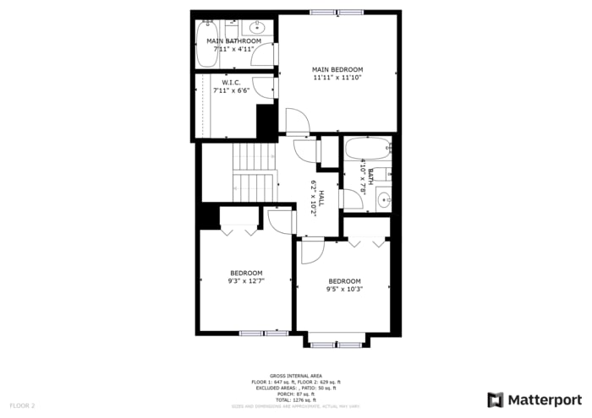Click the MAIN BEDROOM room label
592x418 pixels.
pos(337,69)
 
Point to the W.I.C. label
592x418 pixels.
pos(232,82)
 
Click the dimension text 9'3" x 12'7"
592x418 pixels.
pos(246,282)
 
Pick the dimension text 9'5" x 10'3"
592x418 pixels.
pos(344,290)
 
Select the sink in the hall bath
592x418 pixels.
pos(383,200)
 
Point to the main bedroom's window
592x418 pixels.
pos(337,12)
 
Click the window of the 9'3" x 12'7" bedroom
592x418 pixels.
pos(264,334)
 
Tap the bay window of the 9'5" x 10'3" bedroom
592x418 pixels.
pos(337,344)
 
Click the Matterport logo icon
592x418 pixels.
pos(495,399)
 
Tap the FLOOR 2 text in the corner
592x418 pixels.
pos(22,406)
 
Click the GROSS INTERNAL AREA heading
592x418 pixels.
pos(295,376)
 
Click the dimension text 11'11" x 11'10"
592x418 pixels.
pos(337,78)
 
